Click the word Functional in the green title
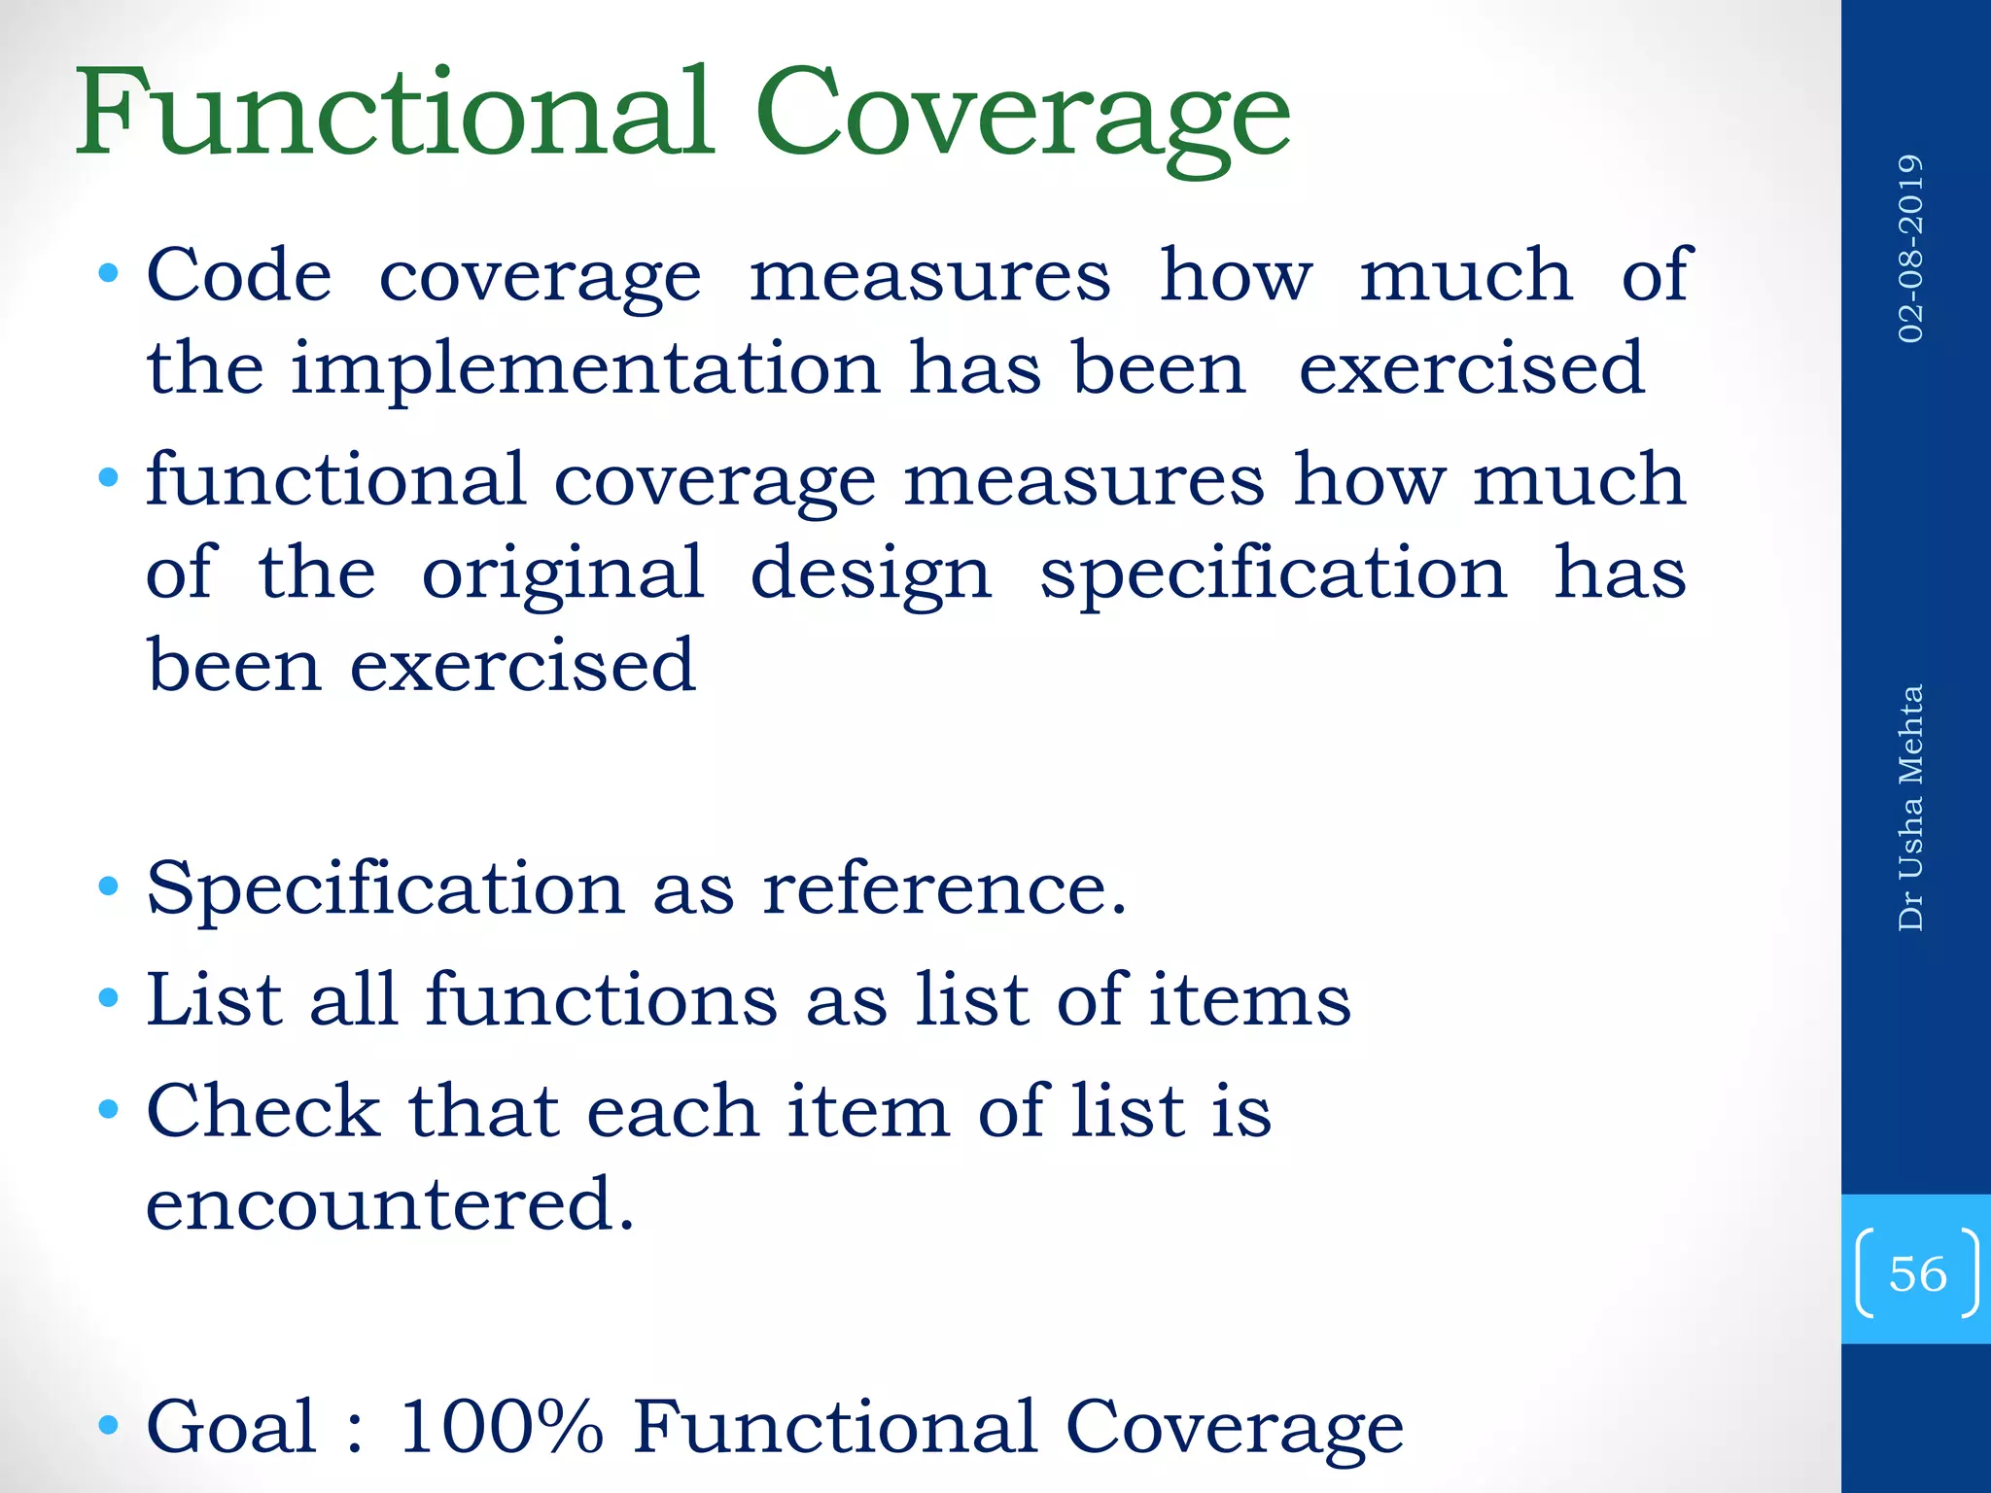tap(394, 112)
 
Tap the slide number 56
tap(1917, 1273)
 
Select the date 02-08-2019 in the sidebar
tap(1910, 248)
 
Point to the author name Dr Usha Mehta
tap(1910, 808)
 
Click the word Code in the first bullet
tap(239, 275)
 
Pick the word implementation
tap(585, 369)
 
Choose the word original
tap(563, 573)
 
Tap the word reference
tap(944, 888)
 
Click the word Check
tap(263, 1111)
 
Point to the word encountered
tap(390, 1203)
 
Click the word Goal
tap(231, 1426)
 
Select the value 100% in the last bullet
tap(502, 1426)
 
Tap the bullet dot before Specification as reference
tap(109, 886)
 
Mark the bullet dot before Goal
tap(109, 1425)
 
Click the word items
tap(1250, 999)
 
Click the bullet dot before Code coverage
tap(109, 273)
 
